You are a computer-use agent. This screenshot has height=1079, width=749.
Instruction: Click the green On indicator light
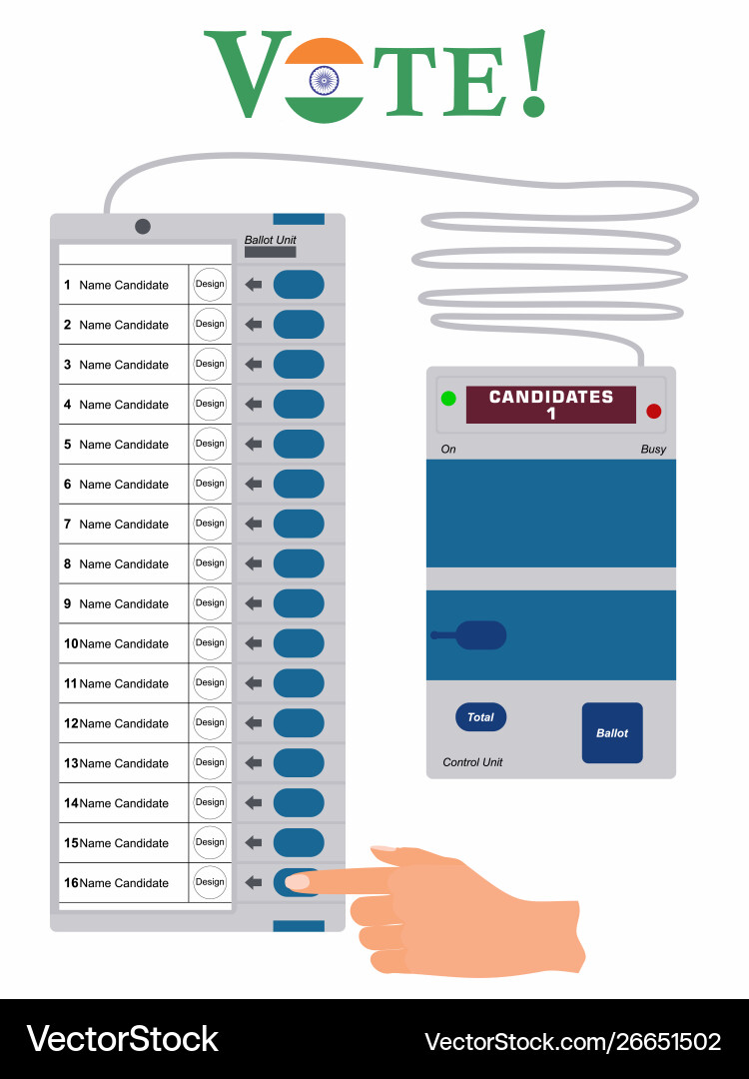pos(448,398)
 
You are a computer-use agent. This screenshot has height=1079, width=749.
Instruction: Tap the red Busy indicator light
pos(653,412)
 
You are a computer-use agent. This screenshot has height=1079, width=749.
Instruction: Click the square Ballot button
pos(612,733)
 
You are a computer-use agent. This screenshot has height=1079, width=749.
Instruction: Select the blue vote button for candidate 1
pos(299,284)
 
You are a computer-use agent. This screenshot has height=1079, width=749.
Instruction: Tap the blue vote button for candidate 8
pos(299,563)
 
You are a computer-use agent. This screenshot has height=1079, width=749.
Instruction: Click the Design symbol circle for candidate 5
pos(210,444)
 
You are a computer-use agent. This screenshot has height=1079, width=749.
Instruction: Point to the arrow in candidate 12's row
pos(254,722)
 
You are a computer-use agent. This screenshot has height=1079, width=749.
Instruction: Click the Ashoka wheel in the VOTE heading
pos(324,81)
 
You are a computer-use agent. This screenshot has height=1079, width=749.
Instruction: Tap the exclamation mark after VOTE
pos(534,73)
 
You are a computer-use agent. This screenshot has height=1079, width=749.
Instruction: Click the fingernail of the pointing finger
pos(298,881)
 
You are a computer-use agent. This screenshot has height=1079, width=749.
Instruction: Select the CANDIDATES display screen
pos(551,405)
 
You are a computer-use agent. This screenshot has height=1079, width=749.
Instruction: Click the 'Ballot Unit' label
pos(271,240)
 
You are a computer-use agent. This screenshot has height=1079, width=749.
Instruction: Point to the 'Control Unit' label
pos(472,762)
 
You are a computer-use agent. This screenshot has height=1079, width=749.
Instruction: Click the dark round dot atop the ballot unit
pos(143,227)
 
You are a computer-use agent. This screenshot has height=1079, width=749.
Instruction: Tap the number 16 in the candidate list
pos(71,883)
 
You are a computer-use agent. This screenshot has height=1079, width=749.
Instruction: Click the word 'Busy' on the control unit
pos(653,450)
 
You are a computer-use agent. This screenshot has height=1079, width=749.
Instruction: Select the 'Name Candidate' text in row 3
pos(124,365)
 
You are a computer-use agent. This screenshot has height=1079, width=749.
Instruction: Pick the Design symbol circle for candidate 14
pos(210,802)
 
